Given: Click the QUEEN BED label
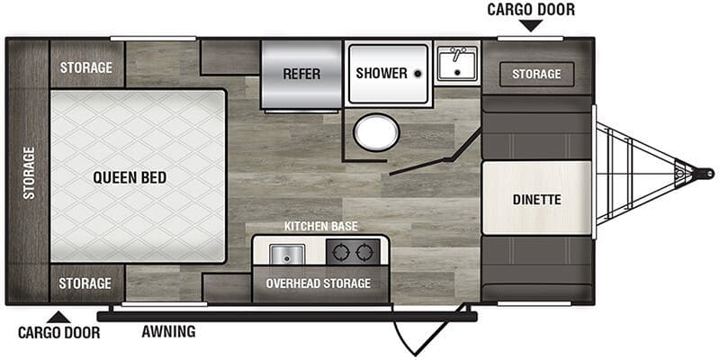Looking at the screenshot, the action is (x=130, y=177).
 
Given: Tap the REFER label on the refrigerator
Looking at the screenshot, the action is (x=301, y=74).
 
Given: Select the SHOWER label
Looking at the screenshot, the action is (x=382, y=73).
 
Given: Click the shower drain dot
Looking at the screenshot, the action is (x=418, y=74).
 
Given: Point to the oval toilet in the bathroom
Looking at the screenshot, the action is (x=376, y=132).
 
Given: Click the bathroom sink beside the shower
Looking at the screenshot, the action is (x=457, y=64).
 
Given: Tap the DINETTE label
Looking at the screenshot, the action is (x=536, y=200).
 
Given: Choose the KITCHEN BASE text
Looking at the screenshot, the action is (x=320, y=227).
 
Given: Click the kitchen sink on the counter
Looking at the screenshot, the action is (x=287, y=254).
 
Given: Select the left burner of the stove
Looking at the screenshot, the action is (x=342, y=252).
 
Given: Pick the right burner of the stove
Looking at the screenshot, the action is (x=365, y=252).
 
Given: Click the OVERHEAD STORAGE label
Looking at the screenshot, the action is (x=319, y=283).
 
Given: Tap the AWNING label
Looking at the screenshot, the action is (x=168, y=331).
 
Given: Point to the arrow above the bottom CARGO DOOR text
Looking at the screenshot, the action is (x=58, y=318).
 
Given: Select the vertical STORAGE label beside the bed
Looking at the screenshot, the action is (x=29, y=173).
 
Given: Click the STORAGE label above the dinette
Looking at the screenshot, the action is (x=536, y=74).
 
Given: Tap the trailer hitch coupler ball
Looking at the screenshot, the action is (x=706, y=174).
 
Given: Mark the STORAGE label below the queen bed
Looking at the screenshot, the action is (x=85, y=283).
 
